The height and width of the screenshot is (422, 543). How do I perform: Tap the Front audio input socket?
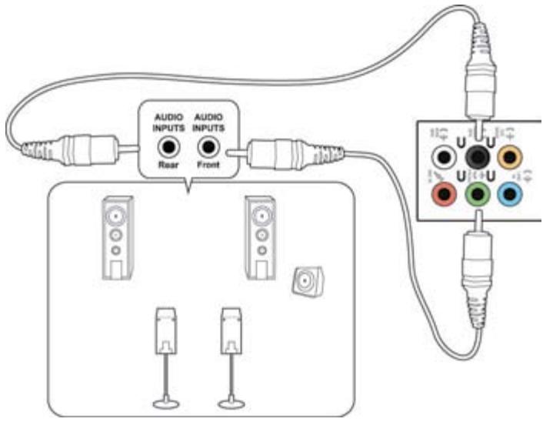point(206,146)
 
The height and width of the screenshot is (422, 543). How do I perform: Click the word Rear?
point(167,166)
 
